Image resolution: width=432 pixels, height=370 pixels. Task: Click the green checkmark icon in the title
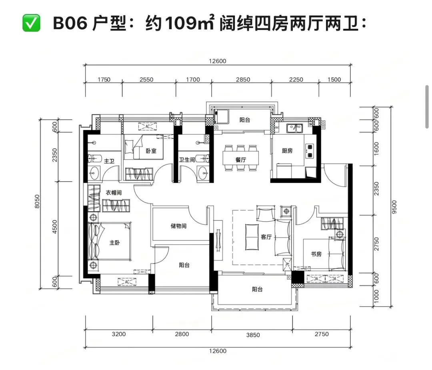point(31,23)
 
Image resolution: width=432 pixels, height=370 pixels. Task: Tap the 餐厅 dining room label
point(241,160)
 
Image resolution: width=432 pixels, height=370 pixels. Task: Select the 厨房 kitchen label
point(287,150)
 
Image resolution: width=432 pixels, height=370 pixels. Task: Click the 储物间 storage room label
point(178,226)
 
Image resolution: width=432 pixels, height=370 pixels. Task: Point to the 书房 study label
point(316,254)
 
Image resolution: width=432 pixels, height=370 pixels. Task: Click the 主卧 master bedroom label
point(115,243)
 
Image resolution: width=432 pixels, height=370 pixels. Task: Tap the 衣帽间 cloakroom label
point(114,192)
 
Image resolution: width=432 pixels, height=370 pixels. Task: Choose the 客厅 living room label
point(266,237)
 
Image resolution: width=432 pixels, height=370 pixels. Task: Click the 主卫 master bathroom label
point(109,161)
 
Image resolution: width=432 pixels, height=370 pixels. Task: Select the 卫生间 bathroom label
point(187,160)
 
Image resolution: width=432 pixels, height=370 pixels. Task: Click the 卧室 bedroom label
point(151,151)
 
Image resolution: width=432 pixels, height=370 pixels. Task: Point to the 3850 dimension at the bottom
point(253,335)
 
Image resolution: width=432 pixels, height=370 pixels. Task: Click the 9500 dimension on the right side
point(394,207)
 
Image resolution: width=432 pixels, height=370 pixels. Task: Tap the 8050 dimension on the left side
point(37,201)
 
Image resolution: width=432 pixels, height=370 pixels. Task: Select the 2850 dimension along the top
point(243,80)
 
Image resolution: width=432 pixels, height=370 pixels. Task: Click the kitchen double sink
point(294,128)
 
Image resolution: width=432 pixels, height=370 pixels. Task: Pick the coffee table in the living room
point(252,237)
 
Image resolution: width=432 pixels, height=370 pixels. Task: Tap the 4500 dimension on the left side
point(55,227)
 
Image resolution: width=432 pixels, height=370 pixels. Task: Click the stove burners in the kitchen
point(310,151)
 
